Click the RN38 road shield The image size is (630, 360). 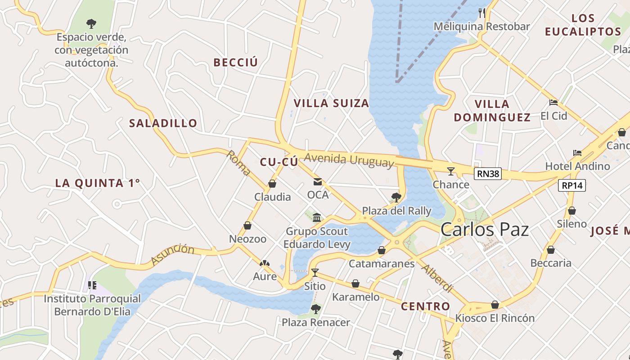point(488,174)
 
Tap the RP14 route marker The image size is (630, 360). point(572,185)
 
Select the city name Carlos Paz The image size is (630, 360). point(484,229)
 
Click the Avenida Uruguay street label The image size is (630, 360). point(349,160)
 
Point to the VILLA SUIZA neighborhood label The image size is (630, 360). point(331,103)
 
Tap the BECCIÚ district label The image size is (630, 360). point(236,63)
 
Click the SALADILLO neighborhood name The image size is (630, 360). point(163,123)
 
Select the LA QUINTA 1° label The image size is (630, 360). point(98,183)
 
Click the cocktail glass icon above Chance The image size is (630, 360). point(450,171)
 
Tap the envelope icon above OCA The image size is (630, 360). point(318,182)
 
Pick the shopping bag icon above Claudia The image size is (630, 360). point(272,184)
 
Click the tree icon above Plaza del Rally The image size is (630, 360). point(396,197)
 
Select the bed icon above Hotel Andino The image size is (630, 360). point(577,153)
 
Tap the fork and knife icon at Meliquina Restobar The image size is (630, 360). point(482,13)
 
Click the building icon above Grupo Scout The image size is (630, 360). point(317,218)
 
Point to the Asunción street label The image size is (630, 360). point(172,255)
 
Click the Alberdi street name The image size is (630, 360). point(436,278)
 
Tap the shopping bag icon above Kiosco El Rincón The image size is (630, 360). point(495,305)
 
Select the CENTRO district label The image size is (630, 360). point(425,306)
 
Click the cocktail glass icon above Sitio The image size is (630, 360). point(315,273)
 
